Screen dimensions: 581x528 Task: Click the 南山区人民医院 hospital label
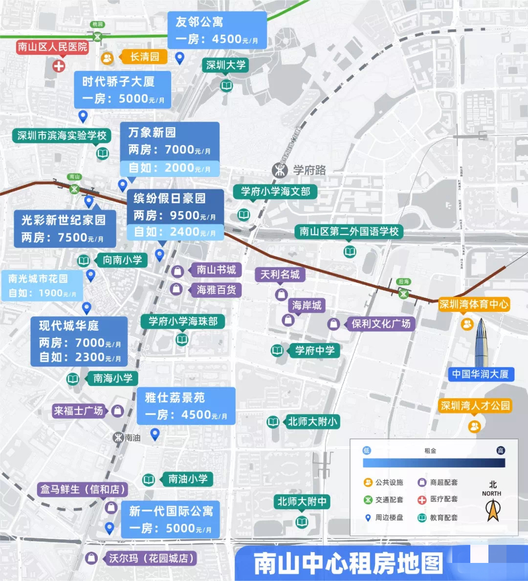pyautogui.click(x=52, y=47)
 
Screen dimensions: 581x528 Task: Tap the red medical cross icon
pyautogui.click(x=59, y=65)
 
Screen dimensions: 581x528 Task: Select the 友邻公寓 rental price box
pyautogui.click(x=217, y=30)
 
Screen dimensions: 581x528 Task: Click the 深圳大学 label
pyautogui.click(x=225, y=65)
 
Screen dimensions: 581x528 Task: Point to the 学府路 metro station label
pyautogui.click(x=309, y=170)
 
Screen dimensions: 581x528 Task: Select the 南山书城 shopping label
pyautogui.click(x=216, y=270)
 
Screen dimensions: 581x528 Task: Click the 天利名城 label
pyautogui.click(x=280, y=275)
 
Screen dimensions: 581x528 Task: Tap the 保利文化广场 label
pyautogui.click(x=380, y=323)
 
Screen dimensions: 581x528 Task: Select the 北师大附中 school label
pyautogui.click(x=302, y=502)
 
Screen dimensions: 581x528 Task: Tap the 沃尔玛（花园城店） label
pyautogui.click(x=151, y=558)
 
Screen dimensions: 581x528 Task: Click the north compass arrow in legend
pyautogui.click(x=492, y=510)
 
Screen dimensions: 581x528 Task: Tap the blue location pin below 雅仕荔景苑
pyautogui.click(x=155, y=434)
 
